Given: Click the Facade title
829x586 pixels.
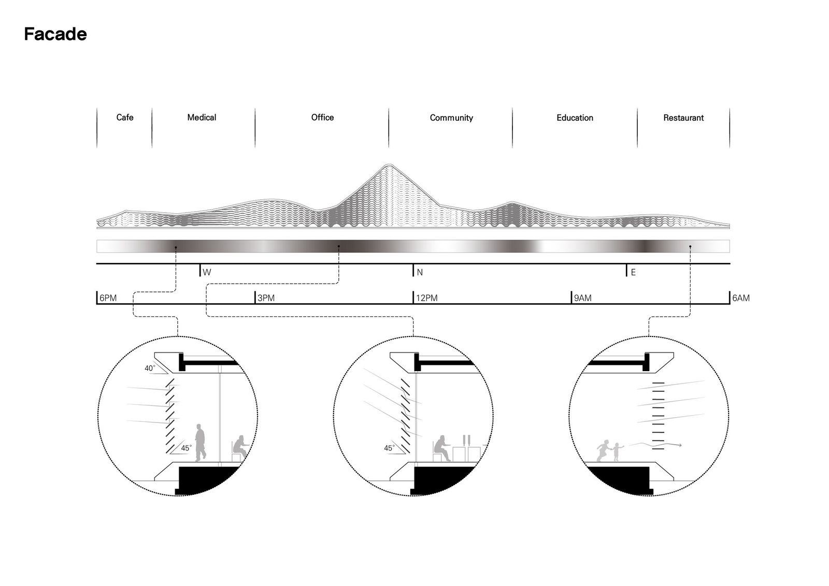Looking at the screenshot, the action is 55,34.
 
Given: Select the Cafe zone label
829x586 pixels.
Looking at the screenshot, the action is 125,117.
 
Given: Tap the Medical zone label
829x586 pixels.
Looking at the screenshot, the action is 202,117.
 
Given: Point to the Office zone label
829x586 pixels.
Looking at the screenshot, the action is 322,117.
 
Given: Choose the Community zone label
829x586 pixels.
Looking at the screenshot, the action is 451,118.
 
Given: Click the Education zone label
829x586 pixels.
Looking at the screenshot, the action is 575,118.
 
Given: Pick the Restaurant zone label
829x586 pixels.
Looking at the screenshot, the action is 683,118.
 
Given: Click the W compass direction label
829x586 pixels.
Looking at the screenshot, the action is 207,272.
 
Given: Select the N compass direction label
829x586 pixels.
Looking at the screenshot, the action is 420,272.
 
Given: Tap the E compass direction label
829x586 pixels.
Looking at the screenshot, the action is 633,272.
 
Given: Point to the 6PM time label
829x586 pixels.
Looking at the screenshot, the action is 108,298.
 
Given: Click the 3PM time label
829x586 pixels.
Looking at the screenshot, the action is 266,298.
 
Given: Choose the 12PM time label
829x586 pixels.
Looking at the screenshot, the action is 427,298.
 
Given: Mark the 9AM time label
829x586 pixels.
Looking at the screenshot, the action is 583,298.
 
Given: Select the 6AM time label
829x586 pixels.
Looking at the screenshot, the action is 741,298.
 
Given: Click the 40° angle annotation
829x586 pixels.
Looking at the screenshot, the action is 150,368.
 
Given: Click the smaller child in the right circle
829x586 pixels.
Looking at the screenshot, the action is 617,452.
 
